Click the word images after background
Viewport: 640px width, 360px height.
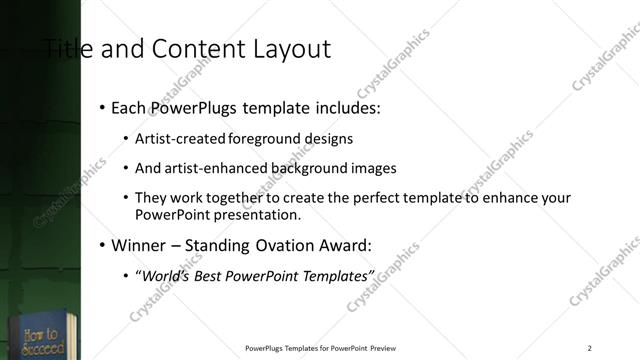367,168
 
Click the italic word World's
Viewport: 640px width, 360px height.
166,274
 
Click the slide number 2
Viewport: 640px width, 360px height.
590,348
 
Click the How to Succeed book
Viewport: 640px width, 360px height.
40,335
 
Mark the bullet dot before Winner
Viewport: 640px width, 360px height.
102,244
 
